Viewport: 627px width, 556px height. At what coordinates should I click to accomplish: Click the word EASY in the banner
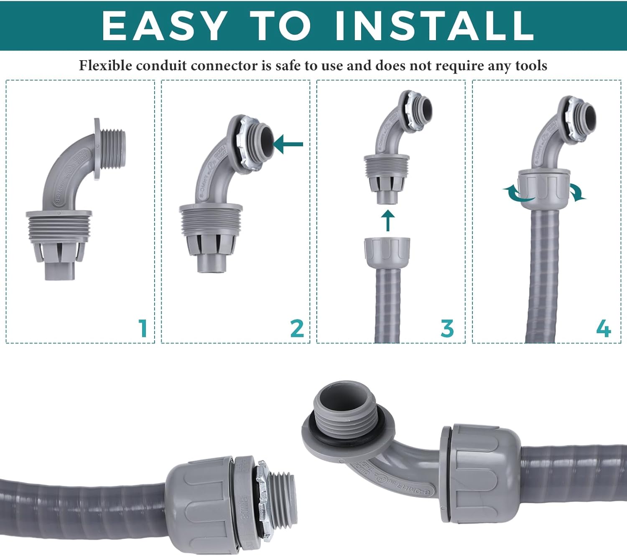coord(164,26)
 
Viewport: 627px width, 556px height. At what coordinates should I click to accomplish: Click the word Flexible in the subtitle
coord(105,66)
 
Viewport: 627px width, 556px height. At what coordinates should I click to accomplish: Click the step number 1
coord(143,328)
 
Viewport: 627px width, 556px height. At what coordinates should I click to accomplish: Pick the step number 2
coord(297,328)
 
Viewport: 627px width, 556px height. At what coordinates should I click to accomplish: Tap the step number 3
coord(447,328)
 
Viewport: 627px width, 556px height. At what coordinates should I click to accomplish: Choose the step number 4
coord(603,328)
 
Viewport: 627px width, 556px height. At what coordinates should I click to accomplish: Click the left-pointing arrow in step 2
coord(288,144)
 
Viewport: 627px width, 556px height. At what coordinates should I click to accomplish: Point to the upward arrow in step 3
coord(388,220)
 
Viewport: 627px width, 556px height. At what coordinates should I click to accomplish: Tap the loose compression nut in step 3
coord(387,250)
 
